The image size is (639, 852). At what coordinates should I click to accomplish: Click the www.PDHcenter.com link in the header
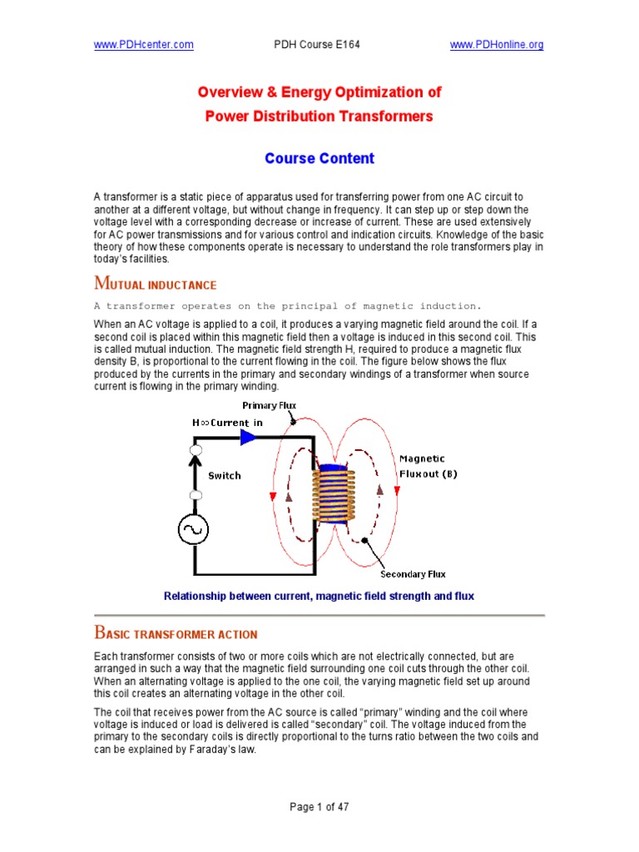(x=143, y=45)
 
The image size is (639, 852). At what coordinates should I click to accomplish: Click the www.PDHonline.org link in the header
(x=497, y=45)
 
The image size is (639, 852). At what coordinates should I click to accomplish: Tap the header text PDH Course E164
(x=319, y=45)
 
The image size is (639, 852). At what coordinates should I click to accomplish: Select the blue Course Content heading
(x=319, y=158)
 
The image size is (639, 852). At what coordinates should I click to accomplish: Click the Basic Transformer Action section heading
(x=176, y=633)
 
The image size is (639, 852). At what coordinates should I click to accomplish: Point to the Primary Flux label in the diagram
(x=269, y=405)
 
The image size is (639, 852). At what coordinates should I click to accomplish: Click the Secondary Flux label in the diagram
(x=413, y=574)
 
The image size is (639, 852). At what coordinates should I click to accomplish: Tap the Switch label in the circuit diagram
(x=224, y=475)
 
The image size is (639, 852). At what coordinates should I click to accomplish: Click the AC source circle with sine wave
(x=196, y=528)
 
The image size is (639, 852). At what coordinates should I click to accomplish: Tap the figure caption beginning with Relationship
(x=319, y=596)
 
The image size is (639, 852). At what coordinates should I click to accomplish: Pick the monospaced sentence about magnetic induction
(x=287, y=305)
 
